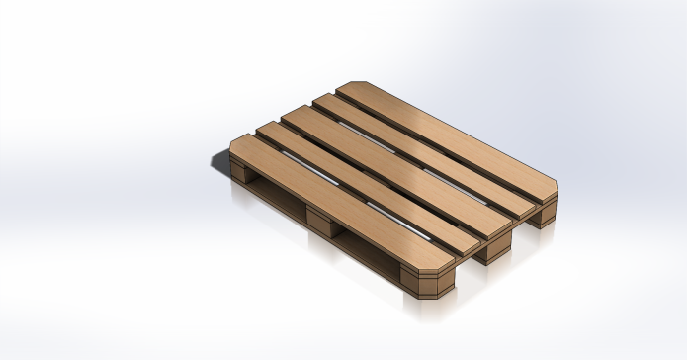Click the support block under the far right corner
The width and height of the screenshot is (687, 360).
543,215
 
